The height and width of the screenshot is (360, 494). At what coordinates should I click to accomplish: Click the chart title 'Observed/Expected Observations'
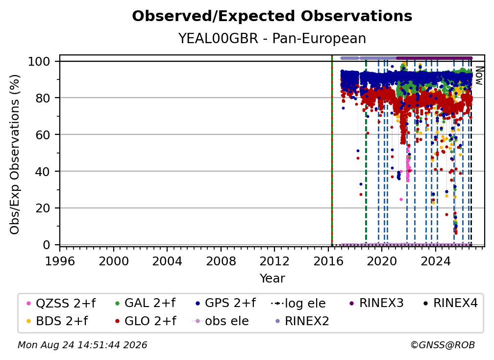(272, 16)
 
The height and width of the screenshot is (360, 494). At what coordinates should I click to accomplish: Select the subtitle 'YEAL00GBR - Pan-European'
(272, 38)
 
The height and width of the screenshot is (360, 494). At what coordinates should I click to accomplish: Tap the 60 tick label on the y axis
(43, 134)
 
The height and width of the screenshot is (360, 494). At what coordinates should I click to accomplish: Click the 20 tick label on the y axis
(43, 208)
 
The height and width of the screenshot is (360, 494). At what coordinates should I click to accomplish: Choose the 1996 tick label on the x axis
(60, 261)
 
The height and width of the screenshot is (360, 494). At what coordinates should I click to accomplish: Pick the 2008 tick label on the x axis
(221, 261)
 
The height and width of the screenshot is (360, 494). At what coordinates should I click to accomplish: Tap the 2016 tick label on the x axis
(328, 261)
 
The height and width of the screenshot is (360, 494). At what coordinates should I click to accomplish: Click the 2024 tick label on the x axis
(435, 261)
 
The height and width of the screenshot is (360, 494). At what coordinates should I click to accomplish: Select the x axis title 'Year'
(272, 279)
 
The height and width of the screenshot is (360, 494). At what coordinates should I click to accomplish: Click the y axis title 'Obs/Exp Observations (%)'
(15, 154)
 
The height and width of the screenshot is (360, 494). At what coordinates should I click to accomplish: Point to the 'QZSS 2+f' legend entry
(61, 303)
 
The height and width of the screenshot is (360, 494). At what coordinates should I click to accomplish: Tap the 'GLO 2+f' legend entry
(145, 321)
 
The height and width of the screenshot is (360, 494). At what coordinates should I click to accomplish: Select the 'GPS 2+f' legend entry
(225, 303)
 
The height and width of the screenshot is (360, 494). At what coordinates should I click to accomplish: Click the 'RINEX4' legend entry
(450, 303)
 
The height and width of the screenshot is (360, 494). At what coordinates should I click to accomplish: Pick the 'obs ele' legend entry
(220, 321)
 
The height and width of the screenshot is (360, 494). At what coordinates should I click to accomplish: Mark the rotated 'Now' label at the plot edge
(479, 76)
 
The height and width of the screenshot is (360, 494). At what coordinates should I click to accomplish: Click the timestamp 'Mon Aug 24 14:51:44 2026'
(82, 345)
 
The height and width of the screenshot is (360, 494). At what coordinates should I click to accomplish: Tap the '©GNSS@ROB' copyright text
(443, 345)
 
